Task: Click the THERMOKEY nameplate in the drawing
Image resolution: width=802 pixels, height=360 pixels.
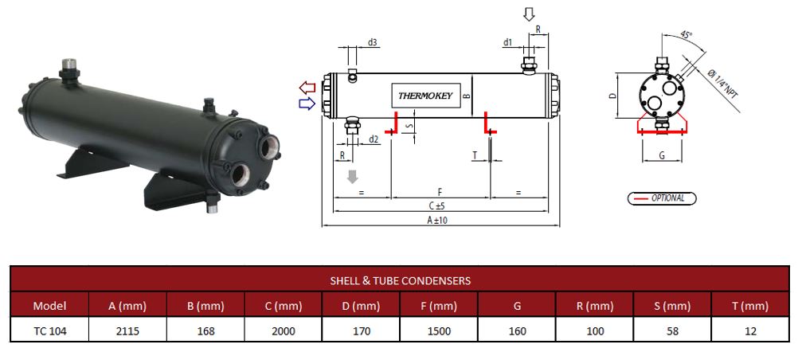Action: pyautogui.click(x=426, y=96)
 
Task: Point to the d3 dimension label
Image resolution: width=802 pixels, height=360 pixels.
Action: pyautogui.click(x=373, y=42)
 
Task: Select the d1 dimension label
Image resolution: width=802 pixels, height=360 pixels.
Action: pyautogui.click(x=507, y=42)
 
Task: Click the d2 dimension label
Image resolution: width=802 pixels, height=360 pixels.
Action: pyautogui.click(x=373, y=139)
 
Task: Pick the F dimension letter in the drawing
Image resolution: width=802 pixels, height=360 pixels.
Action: pyautogui.click(x=440, y=193)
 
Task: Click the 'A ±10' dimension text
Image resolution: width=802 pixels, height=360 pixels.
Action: pyautogui.click(x=436, y=221)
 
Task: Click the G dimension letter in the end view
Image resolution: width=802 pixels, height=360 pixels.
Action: pyautogui.click(x=662, y=155)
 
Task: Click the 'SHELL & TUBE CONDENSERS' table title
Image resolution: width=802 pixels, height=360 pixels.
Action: pyautogui.click(x=400, y=280)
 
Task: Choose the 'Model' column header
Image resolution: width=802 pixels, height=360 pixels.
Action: pyautogui.click(x=49, y=305)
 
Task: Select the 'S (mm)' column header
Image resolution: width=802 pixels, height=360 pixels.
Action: pyautogui.click(x=673, y=305)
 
